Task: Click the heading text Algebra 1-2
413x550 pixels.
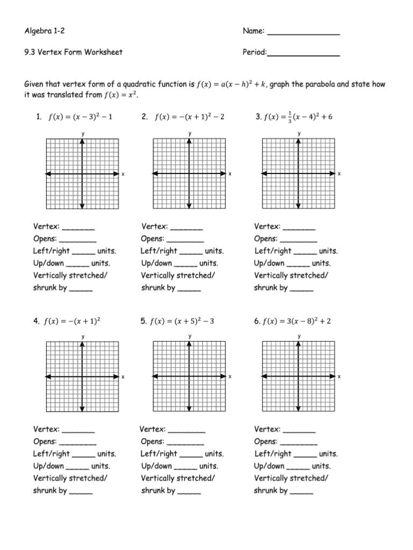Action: tap(46, 32)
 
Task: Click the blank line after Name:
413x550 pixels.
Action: tap(303, 34)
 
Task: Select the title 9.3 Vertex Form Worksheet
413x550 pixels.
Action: tap(74, 52)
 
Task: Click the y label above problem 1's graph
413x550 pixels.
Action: tap(82, 133)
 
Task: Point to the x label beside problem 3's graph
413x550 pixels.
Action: tap(339, 174)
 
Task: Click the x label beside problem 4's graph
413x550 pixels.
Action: tap(123, 377)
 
